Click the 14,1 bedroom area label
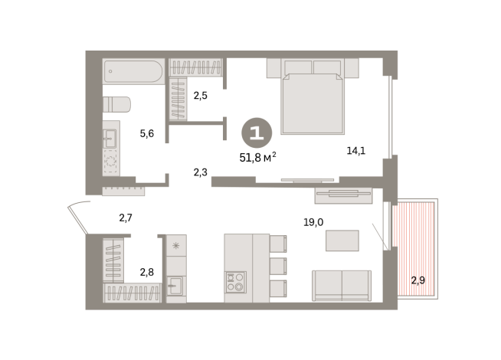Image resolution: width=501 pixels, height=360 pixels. coord(355,151)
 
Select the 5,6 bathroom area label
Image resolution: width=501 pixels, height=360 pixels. coord(147,134)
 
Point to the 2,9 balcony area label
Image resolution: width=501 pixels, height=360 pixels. coord(418,280)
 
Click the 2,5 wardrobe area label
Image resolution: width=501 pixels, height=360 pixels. coord(201,97)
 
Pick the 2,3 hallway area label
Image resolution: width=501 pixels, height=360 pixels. coord(201,173)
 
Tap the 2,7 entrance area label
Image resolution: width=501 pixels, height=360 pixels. coord(126,218)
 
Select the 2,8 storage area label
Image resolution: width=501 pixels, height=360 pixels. coord(147,271)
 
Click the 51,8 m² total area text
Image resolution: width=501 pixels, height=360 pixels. coord(257,158)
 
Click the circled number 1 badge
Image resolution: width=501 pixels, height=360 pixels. coord(257,133)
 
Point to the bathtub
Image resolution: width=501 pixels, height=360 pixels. coord(133,72)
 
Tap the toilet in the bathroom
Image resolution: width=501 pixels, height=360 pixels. coord(116,104)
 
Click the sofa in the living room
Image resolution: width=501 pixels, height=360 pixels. coord(342,285)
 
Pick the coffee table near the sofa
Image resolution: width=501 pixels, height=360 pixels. coord(342,241)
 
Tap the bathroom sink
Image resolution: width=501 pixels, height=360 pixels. coord(110,138)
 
